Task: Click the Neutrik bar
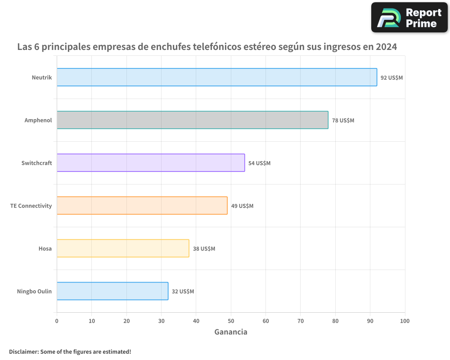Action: click(x=217, y=77)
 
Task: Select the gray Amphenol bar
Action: click(x=193, y=120)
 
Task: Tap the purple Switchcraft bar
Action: click(x=151, y=162)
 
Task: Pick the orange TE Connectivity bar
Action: click(x=142, y=205)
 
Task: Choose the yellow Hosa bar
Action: click(x=123, y=248)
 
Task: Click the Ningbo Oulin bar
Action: click(x=112, y=291)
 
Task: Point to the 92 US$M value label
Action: click(x=391, y=77)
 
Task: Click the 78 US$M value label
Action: click(x=343, y=120)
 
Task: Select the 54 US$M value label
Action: click(x=259, y=163)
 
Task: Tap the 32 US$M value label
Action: click(x=183, y=291)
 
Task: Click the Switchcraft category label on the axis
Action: click(x=36, y=163)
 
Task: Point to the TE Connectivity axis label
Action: click(x=31, y=206)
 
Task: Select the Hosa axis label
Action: click(x=45, y=248)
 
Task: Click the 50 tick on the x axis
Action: click(x=231, y=321)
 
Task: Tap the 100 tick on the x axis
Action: click(x=405, y=321)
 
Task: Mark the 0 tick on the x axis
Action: click(x=57, y=321)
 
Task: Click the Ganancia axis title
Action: click(x=230, y=332)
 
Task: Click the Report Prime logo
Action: click(x=409, y=18)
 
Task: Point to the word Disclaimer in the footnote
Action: click(x=23, y=351)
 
